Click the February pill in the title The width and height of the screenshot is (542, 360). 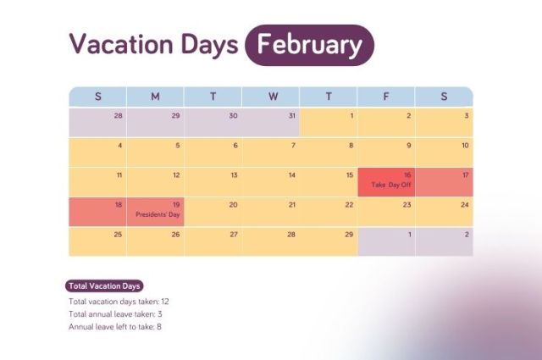309,45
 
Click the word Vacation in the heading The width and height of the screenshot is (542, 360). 123,45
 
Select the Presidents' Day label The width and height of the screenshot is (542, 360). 158,214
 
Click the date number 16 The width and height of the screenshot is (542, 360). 407,175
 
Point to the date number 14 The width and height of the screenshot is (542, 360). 291,175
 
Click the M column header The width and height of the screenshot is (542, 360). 155,97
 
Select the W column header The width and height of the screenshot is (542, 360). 272,97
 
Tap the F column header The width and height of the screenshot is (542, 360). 386,97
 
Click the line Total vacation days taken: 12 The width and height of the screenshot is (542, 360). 119,302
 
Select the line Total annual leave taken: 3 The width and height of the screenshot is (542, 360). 115,314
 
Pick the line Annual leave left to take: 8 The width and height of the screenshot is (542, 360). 115,327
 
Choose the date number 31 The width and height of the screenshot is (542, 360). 291,116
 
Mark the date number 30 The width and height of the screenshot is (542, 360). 233,116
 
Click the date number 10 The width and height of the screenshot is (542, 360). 465,146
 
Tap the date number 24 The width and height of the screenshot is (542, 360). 465,205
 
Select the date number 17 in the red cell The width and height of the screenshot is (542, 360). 465,175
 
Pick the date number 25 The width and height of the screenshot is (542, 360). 118,235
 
